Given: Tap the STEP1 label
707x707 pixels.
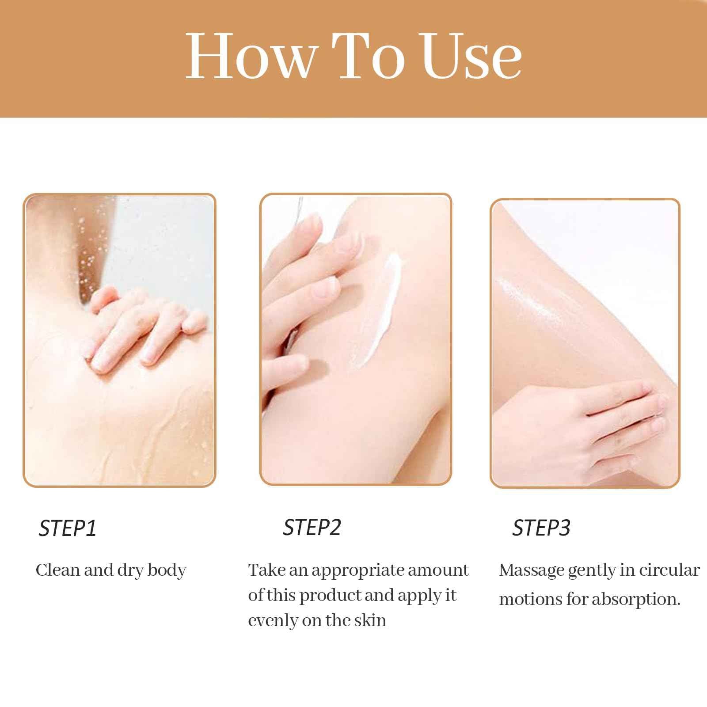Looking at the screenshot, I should click(x=67, y=528).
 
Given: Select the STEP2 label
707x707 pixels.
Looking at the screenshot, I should click(x=312, y=527).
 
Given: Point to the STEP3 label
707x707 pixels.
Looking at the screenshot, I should click(x=541, y=528).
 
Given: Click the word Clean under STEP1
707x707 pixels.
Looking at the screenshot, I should click(x=57, y=570).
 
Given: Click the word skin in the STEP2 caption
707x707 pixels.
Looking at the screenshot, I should click(x=370, y=620).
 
